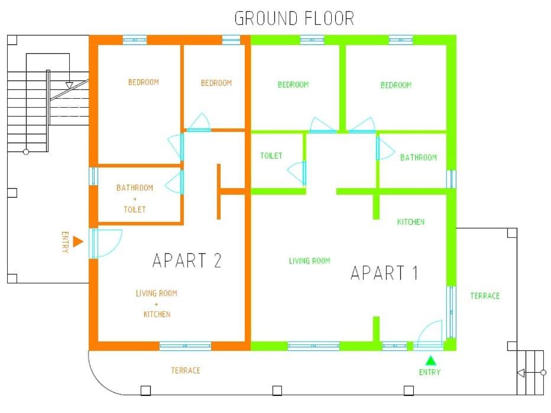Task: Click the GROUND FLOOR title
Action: coord(294,18)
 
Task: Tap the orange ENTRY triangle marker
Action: coord(77,241)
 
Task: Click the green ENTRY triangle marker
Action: coord(430,360)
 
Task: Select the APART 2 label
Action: coord(187,260)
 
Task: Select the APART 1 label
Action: coord(384,273)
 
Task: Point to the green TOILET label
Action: coord(271,156)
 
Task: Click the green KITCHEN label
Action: coord(410,222)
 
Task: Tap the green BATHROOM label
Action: coord(418,157)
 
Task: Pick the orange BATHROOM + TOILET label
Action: coord(134,198)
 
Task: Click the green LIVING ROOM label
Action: coord(309,260)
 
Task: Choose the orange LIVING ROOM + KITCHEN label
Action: coord(157,304)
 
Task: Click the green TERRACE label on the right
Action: coord(485,296)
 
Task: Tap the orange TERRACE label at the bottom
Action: coord(186,370)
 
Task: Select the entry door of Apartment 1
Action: coord(428,334)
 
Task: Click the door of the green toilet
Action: coord(297,172)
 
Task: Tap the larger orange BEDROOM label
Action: coord(143,82)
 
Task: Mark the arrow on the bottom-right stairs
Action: coord(521,373)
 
